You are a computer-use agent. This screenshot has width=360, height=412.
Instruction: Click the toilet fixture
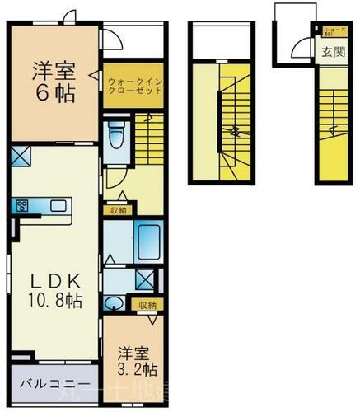[116, 134]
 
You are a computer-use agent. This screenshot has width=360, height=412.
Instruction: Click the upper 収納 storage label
[118, 210]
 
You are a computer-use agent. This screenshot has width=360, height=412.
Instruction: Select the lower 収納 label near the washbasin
[147, 305]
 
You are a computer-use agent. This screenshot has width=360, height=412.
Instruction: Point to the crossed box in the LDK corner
[21, 155]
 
